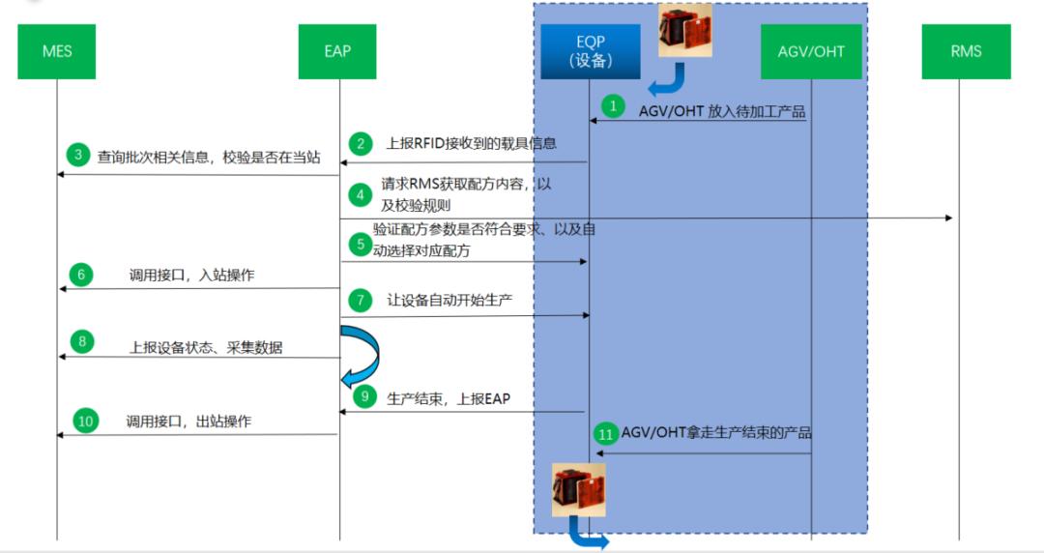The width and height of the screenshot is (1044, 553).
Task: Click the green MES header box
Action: (x=57, y=51)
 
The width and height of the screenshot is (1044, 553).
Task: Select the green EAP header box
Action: (x=337, y=51)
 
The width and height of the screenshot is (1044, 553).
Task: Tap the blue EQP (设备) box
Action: (x=590, y=52)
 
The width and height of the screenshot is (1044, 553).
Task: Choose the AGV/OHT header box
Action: (x=811, y=51)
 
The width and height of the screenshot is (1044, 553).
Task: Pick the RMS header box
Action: (x=966, y=51)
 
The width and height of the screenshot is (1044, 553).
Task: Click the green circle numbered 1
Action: (x=612, y=103)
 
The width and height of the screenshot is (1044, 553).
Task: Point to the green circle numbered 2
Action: (x=362, y=144)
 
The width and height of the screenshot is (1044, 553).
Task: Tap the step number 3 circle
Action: (x=77, y=154)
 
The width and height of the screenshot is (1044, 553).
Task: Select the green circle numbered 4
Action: (x=362, y=194)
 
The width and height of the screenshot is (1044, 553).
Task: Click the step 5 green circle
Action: (x=362, y=245)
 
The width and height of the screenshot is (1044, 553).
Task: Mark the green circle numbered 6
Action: (x=80, y=274)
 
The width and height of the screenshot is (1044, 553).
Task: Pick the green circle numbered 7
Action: (x=362, y=301)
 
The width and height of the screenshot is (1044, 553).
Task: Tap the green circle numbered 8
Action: (x=81, y=340)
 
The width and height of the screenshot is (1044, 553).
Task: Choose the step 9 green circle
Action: (x=364, y=394)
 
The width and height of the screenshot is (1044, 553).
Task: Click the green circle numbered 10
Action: (x=86, y=422)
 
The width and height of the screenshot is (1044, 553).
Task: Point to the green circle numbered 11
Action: (x=606, y=434)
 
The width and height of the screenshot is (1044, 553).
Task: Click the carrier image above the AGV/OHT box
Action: (x=684, y=30)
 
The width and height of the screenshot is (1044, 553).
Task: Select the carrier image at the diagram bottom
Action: (x=578, y=489)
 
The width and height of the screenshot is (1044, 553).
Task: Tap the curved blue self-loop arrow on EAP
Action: (x=359, y=353)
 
